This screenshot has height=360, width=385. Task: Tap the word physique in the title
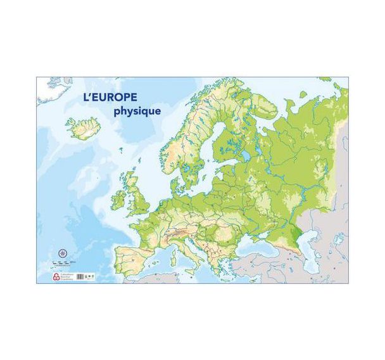[136, 110]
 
